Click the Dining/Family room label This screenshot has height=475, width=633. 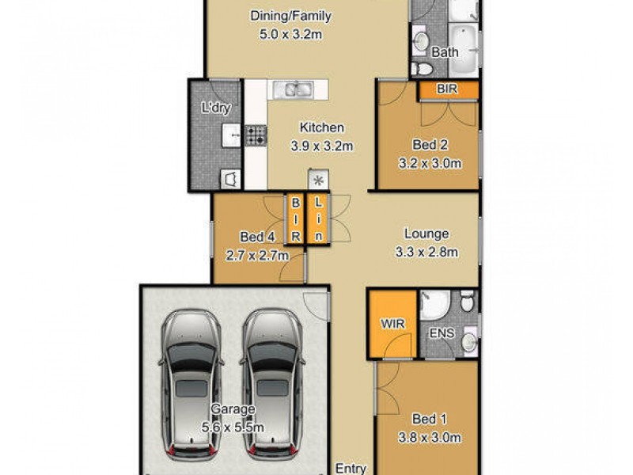coord(290,16)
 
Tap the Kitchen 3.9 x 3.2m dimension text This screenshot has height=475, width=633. coord(321,146)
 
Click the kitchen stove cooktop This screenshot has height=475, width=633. coord(256,135)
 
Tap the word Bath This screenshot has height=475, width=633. coord(444,53)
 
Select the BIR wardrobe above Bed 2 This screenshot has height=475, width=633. coord(447,90)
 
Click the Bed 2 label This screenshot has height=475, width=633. coord(431,144)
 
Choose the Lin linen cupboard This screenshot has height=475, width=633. coord(318,219)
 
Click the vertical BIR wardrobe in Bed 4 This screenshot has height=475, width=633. coord(295,219)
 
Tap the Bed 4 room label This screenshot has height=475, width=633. coord(256,235)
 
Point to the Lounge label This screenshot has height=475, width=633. coord(426,234)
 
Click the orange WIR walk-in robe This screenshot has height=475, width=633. coord(392,325)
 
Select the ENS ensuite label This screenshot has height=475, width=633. coord(442,333)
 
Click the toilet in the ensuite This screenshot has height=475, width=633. coord(468,302)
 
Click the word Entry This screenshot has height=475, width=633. coord(351,468)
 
